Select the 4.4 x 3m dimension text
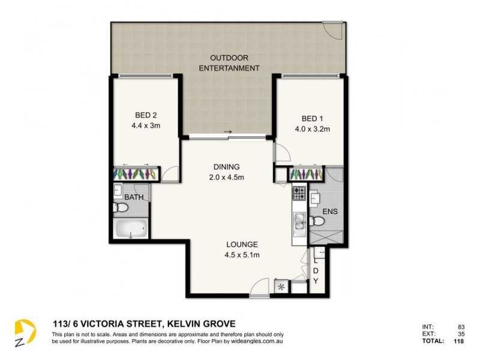point(146,126)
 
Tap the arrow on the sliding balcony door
point(227,131)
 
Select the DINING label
point(226,167)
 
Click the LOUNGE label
point(242,244)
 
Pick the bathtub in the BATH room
point(130,229)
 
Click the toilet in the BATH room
point(121,208)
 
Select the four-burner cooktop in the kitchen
point(299,193)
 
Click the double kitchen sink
point(299,222)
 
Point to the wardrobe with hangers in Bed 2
point(137,173)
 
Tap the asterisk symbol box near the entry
point(280,286)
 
